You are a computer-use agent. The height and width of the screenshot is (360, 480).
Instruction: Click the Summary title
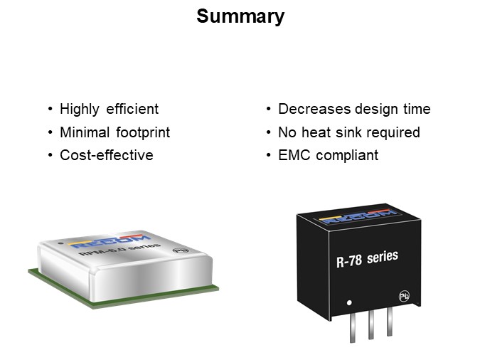coord(240,16)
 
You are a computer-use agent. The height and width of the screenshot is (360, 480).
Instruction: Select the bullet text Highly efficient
coord(110,109)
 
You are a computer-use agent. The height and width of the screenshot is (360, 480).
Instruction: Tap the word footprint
coord(143,132)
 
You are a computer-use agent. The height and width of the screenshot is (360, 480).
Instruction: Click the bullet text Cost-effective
coord(107,155)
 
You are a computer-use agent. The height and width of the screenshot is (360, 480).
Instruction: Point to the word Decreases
coord(314,109)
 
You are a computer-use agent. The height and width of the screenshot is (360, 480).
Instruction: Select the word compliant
coord(347,156)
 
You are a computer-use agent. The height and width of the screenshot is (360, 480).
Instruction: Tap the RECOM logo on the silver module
coord(110,241)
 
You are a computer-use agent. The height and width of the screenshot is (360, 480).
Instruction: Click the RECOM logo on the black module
coord(358,216)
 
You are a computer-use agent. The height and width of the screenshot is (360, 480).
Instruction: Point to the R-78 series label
coord(367,259)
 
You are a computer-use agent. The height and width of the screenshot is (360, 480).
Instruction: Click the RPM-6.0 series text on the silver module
coord(119,249)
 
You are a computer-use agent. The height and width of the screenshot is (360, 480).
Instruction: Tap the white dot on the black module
coord(349,302)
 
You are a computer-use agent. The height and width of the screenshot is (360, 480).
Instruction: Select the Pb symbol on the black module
coord(404,296)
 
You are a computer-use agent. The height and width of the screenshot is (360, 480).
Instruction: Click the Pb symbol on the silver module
coord(181,250)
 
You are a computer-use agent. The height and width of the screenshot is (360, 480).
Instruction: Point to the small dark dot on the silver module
coord(61,243)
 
